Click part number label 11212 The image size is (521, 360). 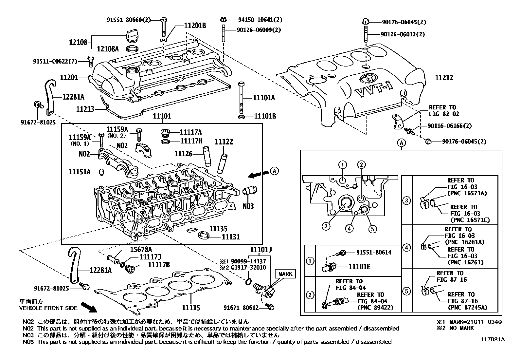click(444, 78)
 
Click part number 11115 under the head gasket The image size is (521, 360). click(190, 308)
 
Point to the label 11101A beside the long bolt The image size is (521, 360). click(264, 98)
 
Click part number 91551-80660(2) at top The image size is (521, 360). click(129, 20)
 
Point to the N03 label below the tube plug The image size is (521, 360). click(248, 206)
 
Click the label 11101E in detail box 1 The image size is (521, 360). click(359, 267)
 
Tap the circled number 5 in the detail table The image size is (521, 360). click(406, 291)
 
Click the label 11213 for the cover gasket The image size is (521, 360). click(85, 109)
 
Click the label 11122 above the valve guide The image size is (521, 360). click(224, 142)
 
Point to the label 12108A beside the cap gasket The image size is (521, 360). click(107, 49)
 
